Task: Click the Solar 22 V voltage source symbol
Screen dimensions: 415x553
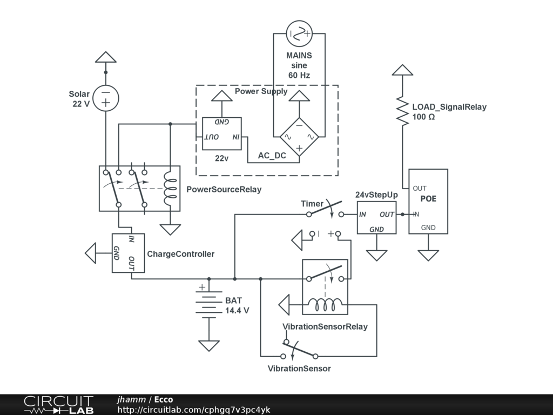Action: tap(106, 98)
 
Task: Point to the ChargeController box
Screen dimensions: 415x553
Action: tap(128, 253)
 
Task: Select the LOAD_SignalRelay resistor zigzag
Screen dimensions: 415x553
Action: tap(402, 111)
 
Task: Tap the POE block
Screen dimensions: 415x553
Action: tap(428, 201)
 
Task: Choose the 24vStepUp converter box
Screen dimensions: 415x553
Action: tap(376, 217)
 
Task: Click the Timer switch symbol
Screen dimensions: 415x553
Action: tap(325, 210)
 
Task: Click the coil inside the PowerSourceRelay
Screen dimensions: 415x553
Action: tap(171, 189)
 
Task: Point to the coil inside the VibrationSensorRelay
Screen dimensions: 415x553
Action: tap(325, 306)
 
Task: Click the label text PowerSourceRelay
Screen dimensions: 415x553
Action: tap(224, 190)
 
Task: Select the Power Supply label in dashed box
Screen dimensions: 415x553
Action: tap(261, 91)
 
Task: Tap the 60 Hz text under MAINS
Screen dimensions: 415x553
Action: tap(299, 75)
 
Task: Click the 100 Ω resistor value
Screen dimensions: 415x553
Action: tap(424, 117)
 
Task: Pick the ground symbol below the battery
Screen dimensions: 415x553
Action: tap(208, 345)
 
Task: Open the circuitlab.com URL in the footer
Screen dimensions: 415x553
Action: tap(194, 410)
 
